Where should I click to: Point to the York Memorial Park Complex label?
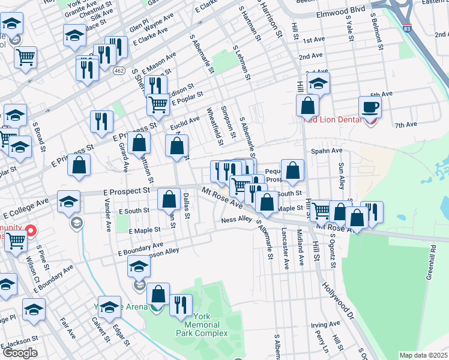tap(202, 325)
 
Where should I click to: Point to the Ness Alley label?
tap(236, 220)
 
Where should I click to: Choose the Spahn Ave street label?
tap(327, 151)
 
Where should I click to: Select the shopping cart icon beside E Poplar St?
tap(158, 104)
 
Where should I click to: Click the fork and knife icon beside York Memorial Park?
tap(181, 305)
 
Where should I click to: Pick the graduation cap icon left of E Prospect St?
tap(69, 201)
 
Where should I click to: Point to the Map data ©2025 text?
tap(423, 355)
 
